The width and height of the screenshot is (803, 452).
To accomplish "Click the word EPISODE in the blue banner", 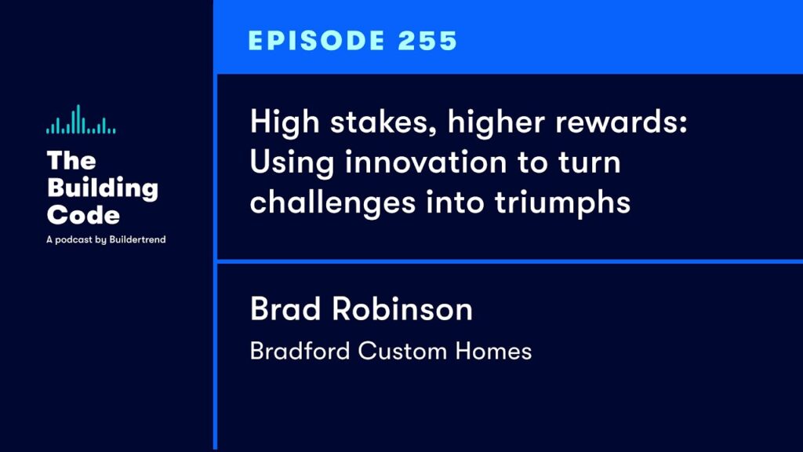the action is (316, 41).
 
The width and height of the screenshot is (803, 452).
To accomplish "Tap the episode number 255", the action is (427, 41).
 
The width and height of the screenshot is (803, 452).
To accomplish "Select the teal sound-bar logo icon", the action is (81, 119).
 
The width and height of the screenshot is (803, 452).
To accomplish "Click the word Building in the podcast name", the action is (103, 188).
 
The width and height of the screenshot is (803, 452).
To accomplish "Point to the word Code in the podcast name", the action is (83, 215).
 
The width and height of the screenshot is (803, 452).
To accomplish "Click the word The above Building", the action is (71, 160).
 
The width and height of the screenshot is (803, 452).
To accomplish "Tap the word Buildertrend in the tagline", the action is (138, 239).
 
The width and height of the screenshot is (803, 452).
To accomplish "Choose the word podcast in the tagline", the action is (74, 240).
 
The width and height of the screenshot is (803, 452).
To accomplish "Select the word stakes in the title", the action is (383, 122).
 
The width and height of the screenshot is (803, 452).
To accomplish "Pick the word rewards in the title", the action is (621, 122).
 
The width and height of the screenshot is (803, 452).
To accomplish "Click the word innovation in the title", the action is (426, 162).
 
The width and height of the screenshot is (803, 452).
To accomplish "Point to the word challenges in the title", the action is (332, 203).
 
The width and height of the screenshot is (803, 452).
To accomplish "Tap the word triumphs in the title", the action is (562, 203).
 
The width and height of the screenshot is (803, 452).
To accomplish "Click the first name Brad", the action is (285, 308).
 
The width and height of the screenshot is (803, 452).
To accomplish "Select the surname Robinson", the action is (402, 308).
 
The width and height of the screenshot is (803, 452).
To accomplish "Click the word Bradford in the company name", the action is (300, 351).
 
